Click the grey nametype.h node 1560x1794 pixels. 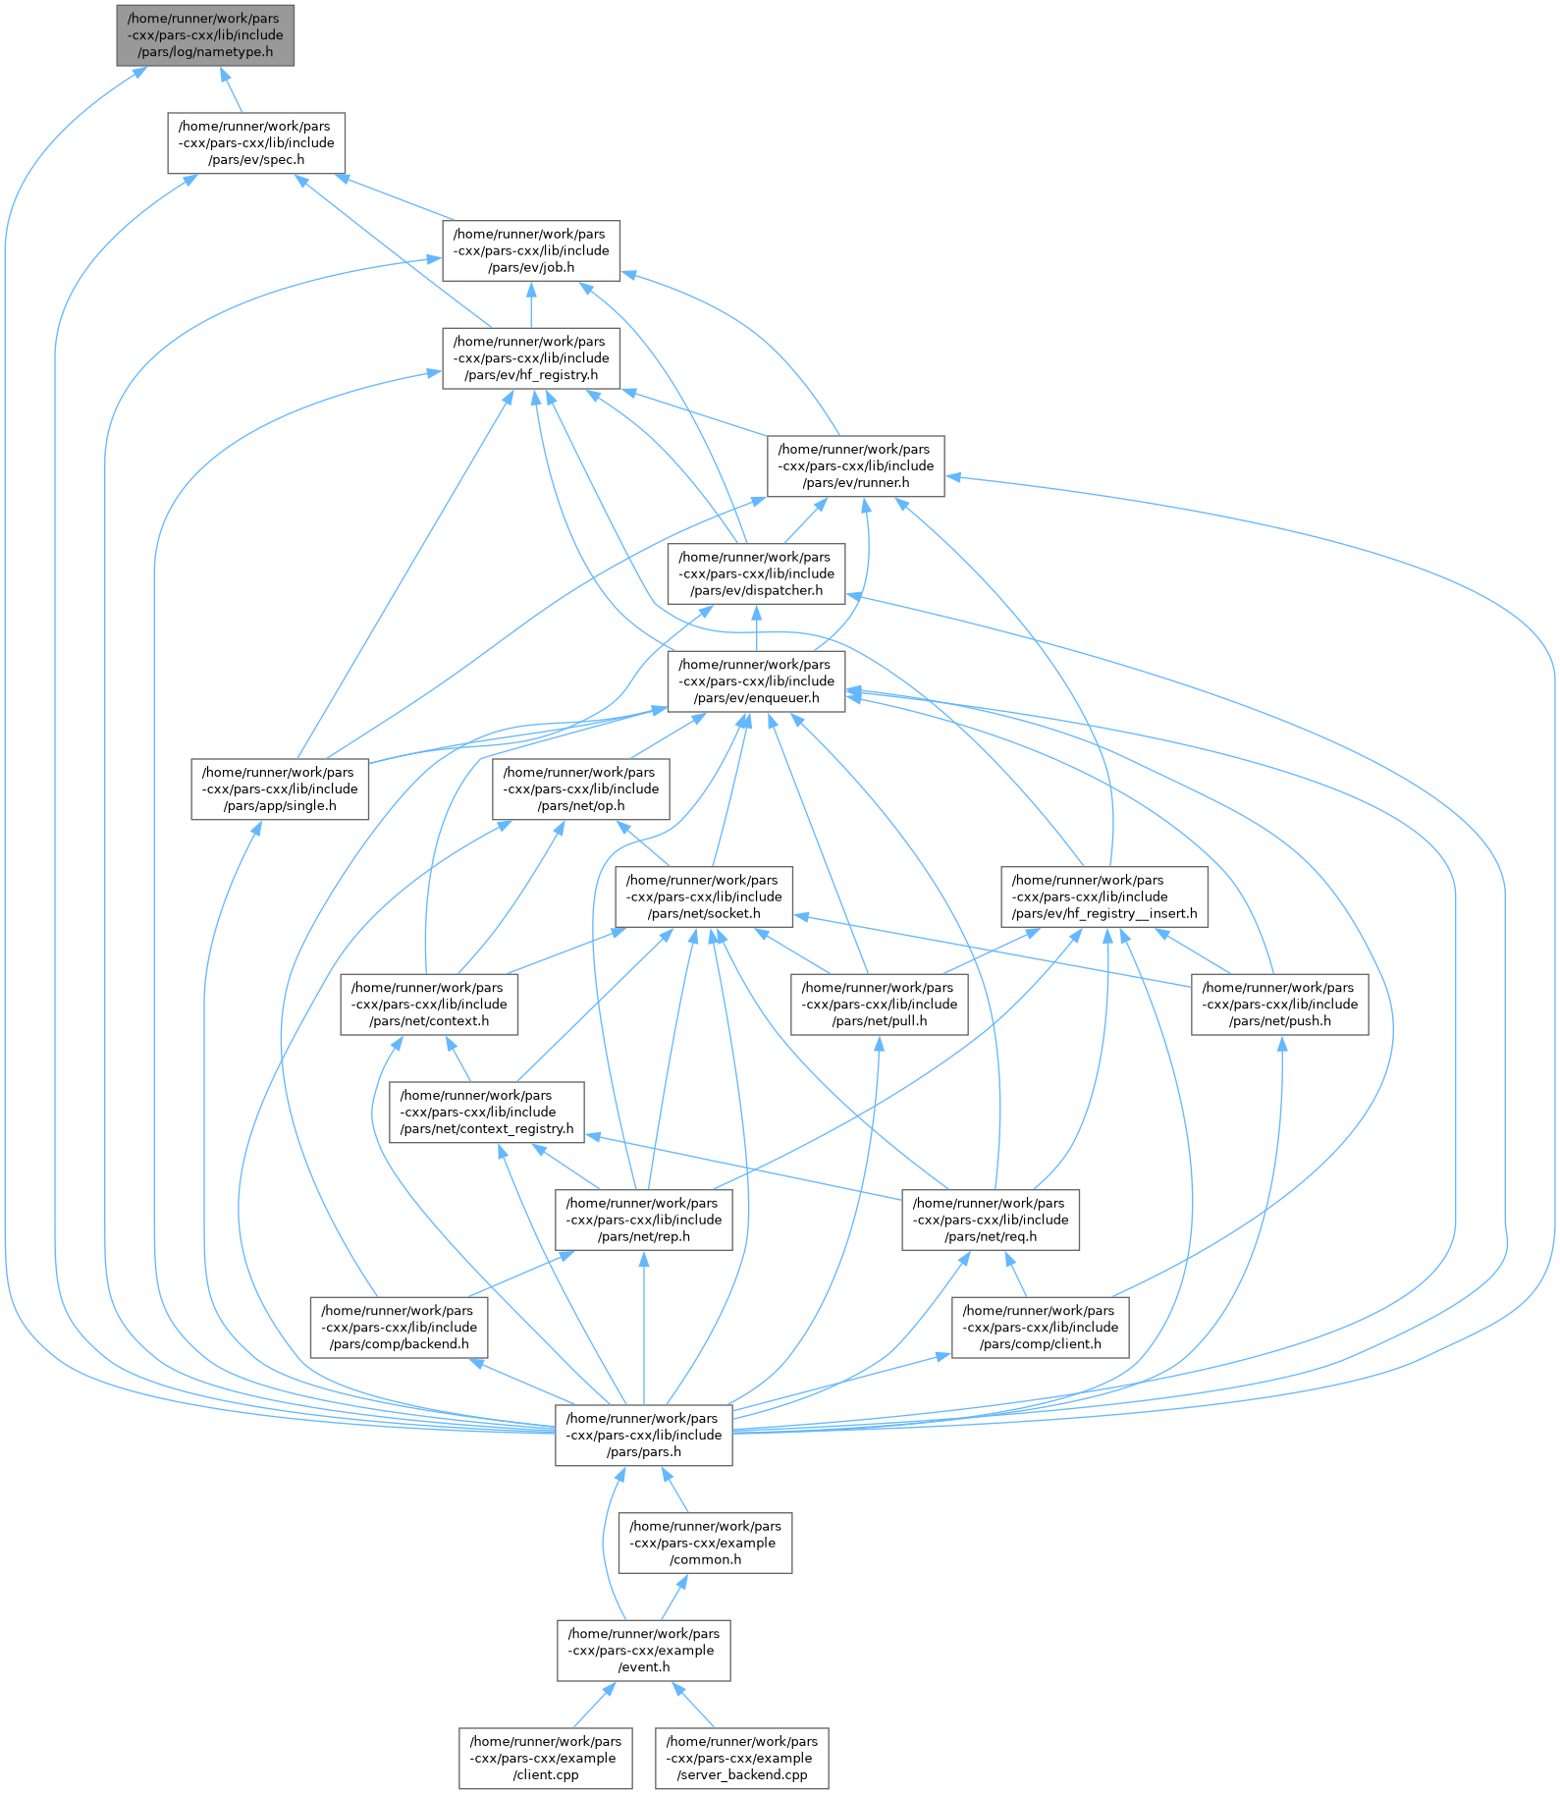click(x=205, y=35)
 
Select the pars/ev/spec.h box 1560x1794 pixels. click(x=256, y=143)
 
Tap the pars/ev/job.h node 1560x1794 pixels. click(x=531, y=250)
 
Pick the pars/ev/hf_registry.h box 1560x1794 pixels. click(x=531, y=358)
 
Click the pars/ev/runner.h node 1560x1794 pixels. click(x=856, y=466)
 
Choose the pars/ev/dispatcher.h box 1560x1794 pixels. click(x=756, y=573)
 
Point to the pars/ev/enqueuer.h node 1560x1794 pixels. click(x=756, y=681)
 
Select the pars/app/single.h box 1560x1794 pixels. click(x=280, y=789)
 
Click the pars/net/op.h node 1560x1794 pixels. click(x=581, y=789)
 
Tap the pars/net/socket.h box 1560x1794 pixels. click(x=704, y=897)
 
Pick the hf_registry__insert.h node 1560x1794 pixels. click(x=1104, y=897)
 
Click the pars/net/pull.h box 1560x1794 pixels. click(x=880, y=1005)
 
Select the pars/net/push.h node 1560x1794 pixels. click(x=1280, y=1005)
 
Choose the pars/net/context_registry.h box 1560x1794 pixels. click(x=487, y=1112)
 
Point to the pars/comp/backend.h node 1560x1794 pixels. click(x=400, y=1328)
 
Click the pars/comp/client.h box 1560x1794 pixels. click(x=1041, y=1328)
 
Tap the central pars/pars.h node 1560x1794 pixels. click(x=644, y=1435)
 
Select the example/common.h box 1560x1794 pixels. click(x=706, y=1543)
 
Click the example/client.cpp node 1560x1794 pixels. click(x=546, y=1758)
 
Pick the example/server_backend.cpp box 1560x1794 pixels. click(x=742, y=1758)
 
